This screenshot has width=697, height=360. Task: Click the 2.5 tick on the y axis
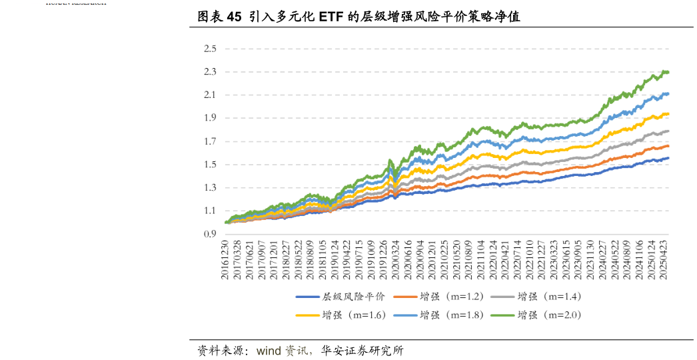tap(211, 49)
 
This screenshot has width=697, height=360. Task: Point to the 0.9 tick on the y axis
tap(211, 234)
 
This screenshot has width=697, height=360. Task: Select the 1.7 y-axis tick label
tap(211, 141)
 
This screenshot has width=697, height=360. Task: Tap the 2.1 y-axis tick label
tap(211, 95)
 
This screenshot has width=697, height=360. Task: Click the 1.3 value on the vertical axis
tap(211, 188)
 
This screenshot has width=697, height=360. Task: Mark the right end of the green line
tap(668, 72)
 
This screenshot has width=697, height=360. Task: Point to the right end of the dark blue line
tap(668, 158)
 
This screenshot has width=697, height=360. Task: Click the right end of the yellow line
tap(668, 114)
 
